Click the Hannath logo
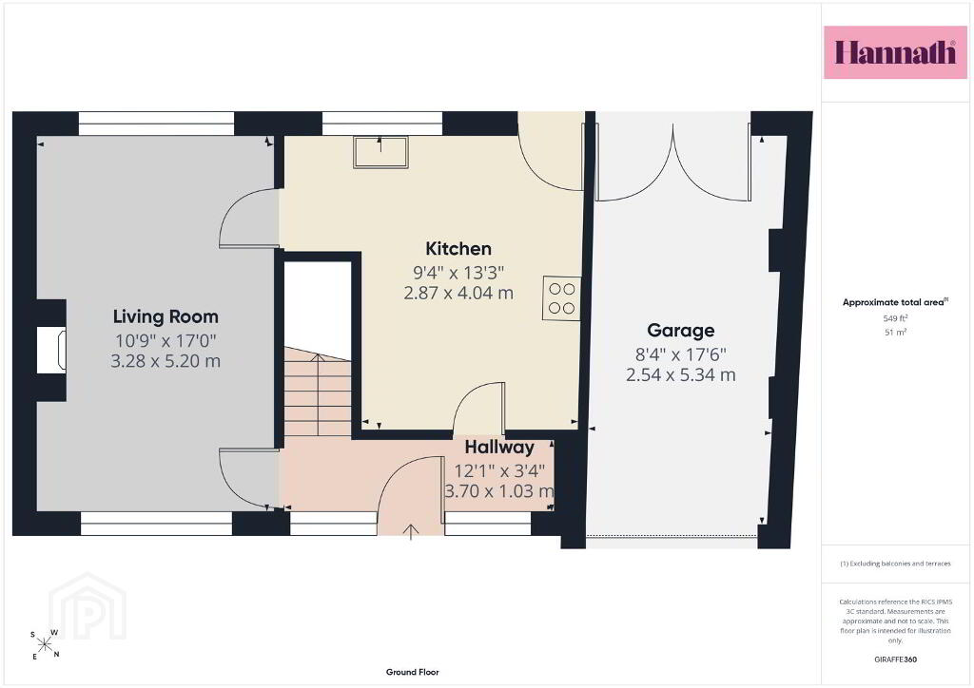coord(895,52)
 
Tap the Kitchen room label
coord(458,249)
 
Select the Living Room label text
coord(166,316)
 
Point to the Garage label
coord(681,331)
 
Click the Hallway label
coord(499,448)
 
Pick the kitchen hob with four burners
coord(561,298)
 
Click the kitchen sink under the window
coord(380,152)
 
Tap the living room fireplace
coord(51,351)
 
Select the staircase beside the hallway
coord(318,391)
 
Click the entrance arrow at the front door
coord(411,532)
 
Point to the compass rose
coord(45,644)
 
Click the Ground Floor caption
coord(413,672)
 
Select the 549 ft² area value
coord(895,318)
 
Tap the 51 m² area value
coord(895,332)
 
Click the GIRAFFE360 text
coord(895,659)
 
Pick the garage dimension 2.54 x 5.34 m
coord(681,374)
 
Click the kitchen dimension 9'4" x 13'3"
coord(458,273)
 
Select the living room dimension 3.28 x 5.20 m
coord(166,361)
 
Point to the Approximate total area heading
coord(895,302)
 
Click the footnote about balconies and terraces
coord(895,564)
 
